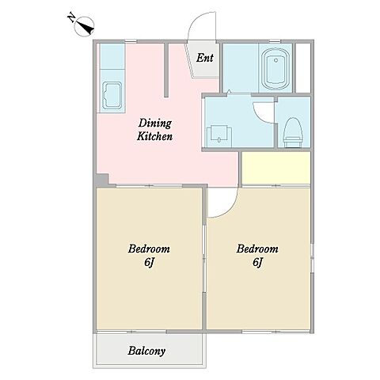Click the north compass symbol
coord(85,27)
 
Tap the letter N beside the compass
coord(70,18)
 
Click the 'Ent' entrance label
coord(204,58)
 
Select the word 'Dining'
coord(155,123)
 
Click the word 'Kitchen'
coord(154,136)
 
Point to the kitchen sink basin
coord(112,96)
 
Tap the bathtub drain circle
coord(276,60)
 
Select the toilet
coord(293,131)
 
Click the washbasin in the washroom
coord(219,136)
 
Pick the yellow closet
coord(275,168)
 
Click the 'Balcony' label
coord(146,351)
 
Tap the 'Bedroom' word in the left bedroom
coord(149,249)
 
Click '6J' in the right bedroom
coord(257,262)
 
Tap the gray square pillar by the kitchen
coord(102,180)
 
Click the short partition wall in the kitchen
coord(166,70)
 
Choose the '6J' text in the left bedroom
coord(149,262)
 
